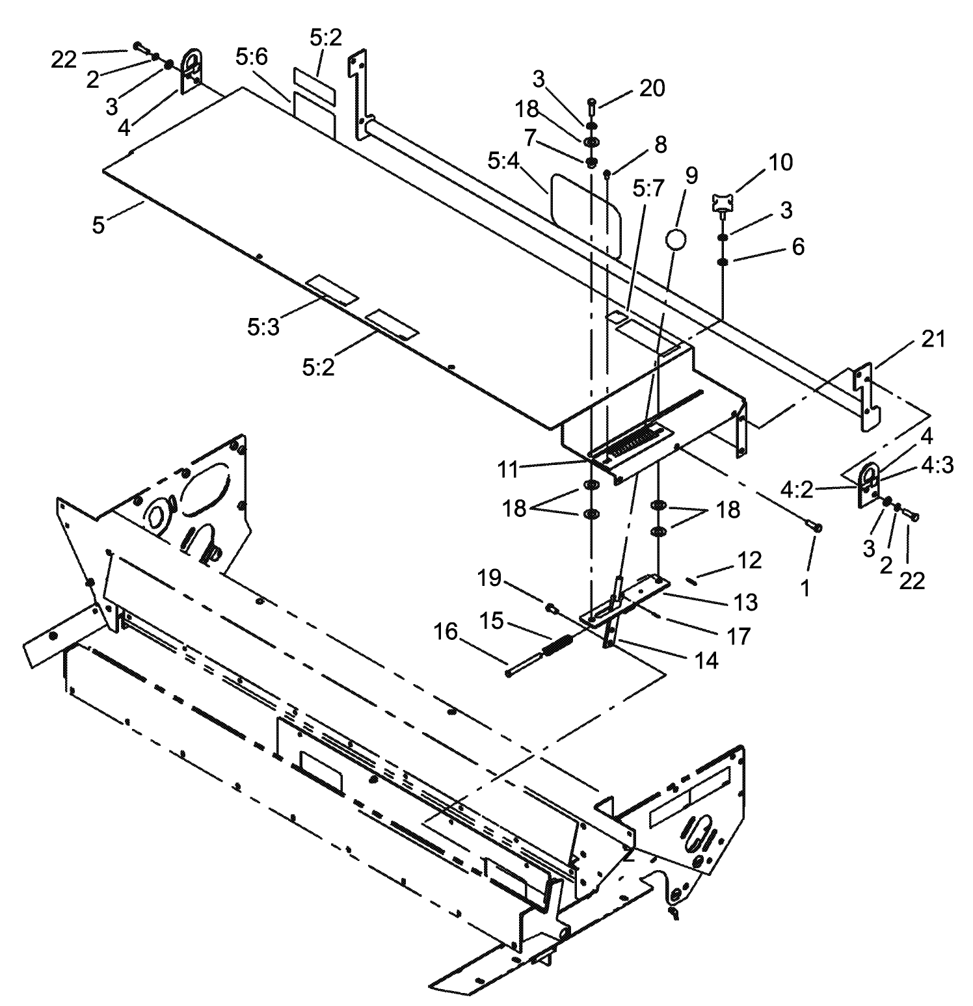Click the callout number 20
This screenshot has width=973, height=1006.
[652, 88]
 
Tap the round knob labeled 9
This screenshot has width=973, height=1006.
[675, 240]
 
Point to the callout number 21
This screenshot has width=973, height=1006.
[933, 339]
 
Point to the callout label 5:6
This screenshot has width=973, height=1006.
[251, 58]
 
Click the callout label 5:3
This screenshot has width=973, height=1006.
[263, 326]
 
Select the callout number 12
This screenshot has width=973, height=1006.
[749, 560]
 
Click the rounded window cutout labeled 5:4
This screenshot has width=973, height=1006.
[585, 215]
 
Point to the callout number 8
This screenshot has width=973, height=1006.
[660, 144]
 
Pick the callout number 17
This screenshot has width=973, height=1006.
[739, 635]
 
